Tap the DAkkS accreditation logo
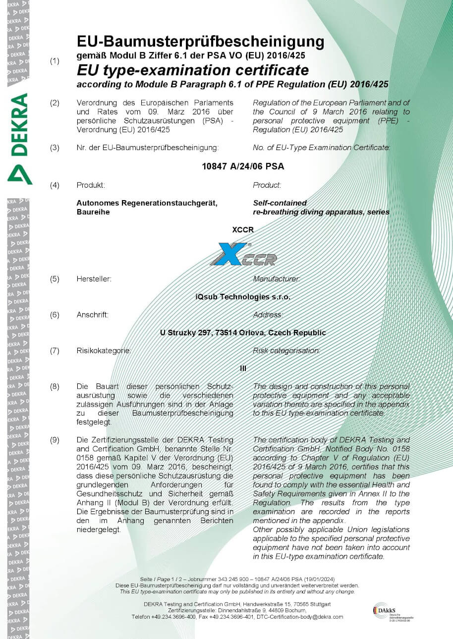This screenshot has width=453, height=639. tap(392, 612)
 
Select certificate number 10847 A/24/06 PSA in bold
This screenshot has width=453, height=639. tap(243, 166)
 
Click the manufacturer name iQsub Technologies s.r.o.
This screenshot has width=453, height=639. tap(243, 297)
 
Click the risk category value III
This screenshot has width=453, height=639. tap(243, 369)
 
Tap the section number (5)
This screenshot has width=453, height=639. tap(55, 279)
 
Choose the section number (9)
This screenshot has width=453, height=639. tap(55, 440)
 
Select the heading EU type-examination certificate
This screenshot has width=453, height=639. tap(193, 70)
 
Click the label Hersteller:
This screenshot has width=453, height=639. tap(94, 279)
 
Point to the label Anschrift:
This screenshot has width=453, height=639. tap(93, 315)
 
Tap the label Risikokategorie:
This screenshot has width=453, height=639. tap(104, 351)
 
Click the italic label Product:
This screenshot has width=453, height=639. tap(267, 185)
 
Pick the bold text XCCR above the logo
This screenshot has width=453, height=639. tap(242, 230)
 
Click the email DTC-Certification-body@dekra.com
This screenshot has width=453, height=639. tap(300, 617)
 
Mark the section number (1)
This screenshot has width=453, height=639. tap(55, 61)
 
